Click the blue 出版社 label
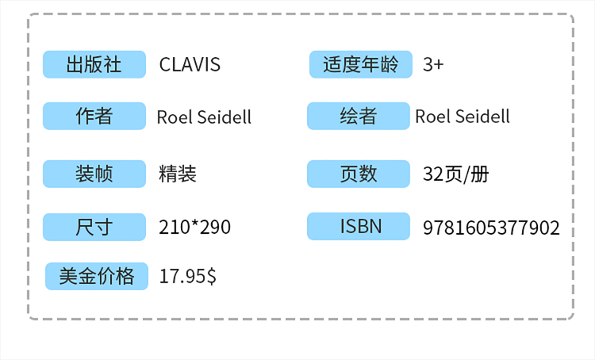coord(94,64)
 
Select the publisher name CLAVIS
coord(190,65)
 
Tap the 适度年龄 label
coord(360,64)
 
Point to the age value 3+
coord(433,65)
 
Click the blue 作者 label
coord(94,117)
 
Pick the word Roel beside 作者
coord(173,117)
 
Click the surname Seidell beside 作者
coord(222,117)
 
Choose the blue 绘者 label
coord(359,117)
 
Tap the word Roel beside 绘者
coord(432,117)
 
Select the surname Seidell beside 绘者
coord(481,117)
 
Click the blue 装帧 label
coord(94,174)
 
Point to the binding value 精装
coord(178,174)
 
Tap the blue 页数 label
coord(359,174)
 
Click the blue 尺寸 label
coord(94,228)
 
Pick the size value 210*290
coord(194,228)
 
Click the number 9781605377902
coord(491,228)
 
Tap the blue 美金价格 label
coord(97,276)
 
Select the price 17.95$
coord(187,277)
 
